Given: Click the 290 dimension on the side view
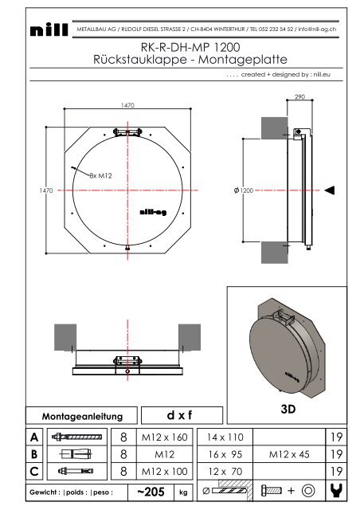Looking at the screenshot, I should click(300, 96).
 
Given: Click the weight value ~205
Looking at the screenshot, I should click(160, 492).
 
